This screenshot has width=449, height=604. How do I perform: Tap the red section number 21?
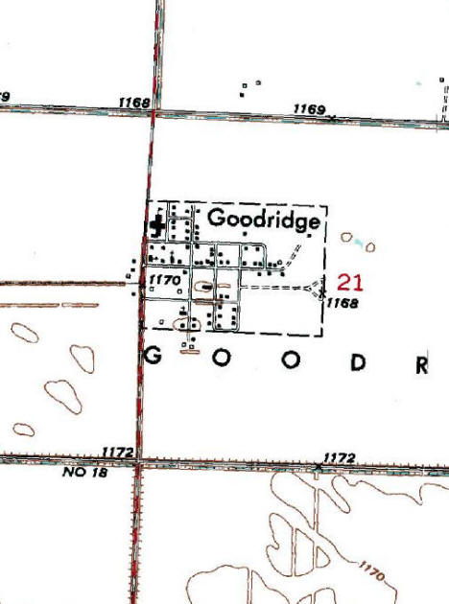click(x=349, y=281)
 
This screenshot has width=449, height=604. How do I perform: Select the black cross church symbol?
click(x=155, y=226)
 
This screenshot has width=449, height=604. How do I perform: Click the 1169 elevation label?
click(x=310, y=109)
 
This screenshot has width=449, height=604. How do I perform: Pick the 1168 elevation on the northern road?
click(x=135, y=102)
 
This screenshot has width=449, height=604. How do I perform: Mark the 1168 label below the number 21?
click(x=341, y=303)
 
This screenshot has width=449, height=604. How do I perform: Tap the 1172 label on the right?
click(x=341, y=457)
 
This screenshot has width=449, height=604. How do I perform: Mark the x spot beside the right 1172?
click(x=319, y=467)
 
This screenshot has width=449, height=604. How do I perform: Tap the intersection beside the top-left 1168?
click(x=153, y=112)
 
